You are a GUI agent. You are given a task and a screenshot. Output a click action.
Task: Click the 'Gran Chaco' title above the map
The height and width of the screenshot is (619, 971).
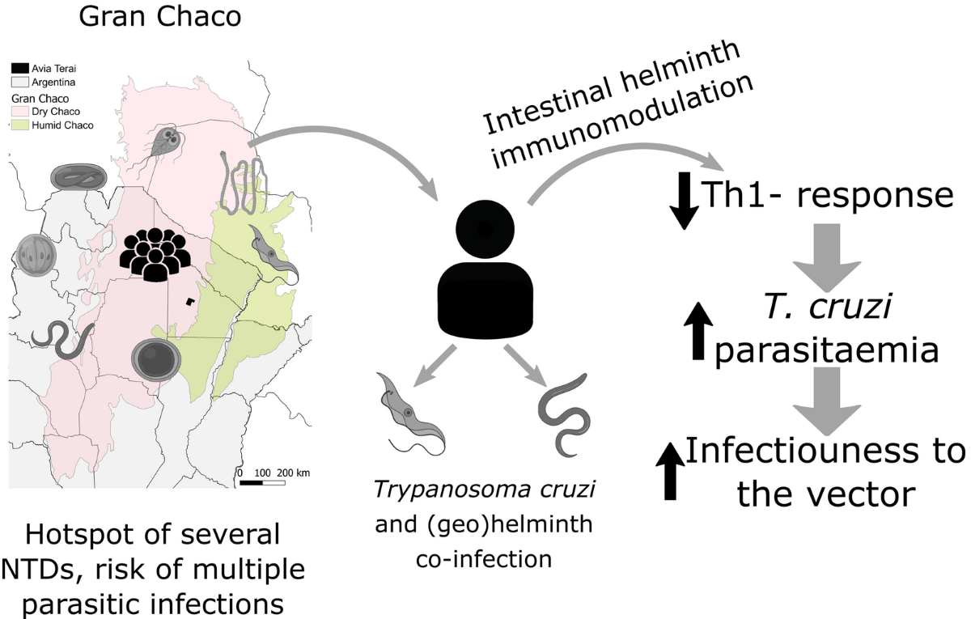click(159, 18)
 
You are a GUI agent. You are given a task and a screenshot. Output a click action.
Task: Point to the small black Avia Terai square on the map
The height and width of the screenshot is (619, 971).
click(189, 301)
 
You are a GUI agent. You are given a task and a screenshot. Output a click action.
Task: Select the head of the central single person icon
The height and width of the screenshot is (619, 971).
click(483, 229)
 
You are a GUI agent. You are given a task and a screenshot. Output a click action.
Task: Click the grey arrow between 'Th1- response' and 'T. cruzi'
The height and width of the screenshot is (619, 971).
click(829, 258)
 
